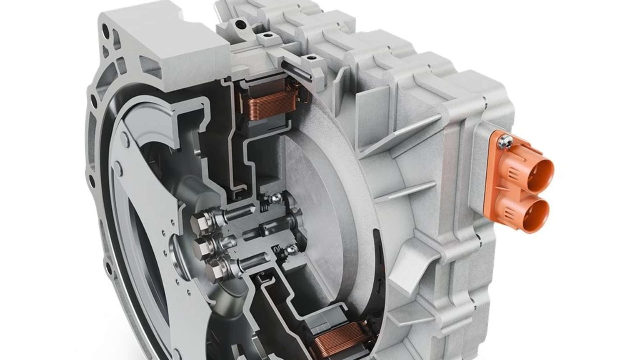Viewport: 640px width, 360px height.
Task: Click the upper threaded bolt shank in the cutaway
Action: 242,217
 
